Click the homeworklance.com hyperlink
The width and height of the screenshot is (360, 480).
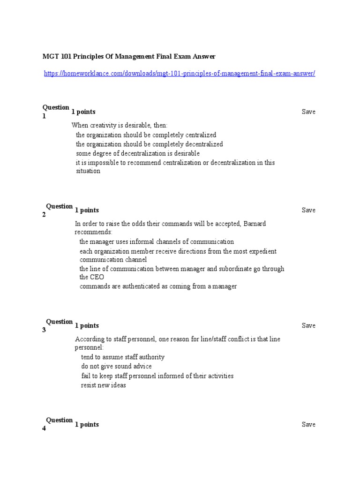coord(180,74)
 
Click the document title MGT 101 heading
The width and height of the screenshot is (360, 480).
coord(129,56)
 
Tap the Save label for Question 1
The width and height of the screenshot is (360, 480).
coord(308,112)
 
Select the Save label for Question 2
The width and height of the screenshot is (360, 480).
coord(308,210)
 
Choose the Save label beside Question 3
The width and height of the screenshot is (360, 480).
coord(308,325)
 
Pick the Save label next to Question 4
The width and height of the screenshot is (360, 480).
coord(308,424)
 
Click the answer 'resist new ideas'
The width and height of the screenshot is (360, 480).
coord(104,385)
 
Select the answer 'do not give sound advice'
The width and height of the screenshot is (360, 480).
coord(116,366)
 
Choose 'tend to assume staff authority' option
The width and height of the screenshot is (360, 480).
coord(122,357)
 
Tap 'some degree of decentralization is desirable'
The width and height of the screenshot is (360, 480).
coord(138,153)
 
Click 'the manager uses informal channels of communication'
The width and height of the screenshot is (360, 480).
coord(157,241)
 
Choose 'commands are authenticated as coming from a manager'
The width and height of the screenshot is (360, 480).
coord(158,286)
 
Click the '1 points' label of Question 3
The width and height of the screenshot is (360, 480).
coord(87,325)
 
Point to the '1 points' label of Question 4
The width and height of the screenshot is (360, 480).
coord(87,424)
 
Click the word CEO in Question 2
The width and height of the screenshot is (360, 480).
coord(88,277)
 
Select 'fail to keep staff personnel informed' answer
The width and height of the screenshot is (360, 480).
coord(157,376)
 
